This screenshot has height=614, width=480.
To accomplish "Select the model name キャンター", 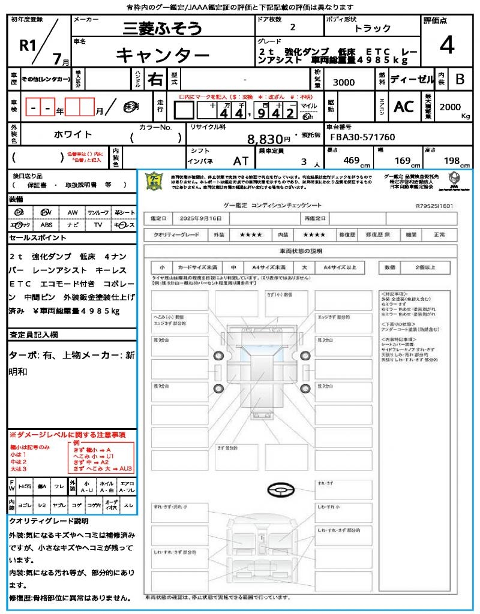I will [x=162, y=55].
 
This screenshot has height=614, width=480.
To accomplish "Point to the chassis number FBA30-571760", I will [x=364, y=137].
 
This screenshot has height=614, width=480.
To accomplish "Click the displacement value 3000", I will [x=344, y=83].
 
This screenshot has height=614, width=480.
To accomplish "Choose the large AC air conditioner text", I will [x=404, y=107].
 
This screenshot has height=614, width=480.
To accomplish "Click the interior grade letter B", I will [x=460, y=79].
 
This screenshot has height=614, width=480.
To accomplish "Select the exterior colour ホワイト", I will [x=74, y=134].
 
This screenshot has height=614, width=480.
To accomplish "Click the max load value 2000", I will [x=450, y=107].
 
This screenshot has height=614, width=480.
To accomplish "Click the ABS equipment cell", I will [x=46, y=225].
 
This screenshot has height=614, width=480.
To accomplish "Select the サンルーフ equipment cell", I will [x=98, y=213].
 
